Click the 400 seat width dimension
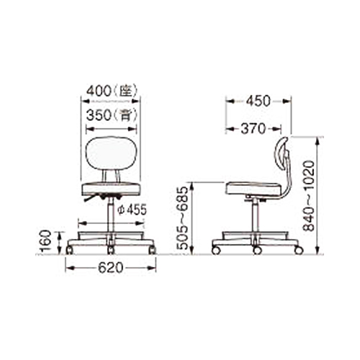(99, 91)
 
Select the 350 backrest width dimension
(99, 115)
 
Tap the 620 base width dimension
(111, 268)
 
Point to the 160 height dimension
(46, 241)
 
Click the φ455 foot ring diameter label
(132, 210)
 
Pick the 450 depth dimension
(258, 101)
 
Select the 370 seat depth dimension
(253, 129)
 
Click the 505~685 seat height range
(181, 218)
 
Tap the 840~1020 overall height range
(309, 196)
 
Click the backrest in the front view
(112, 153)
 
